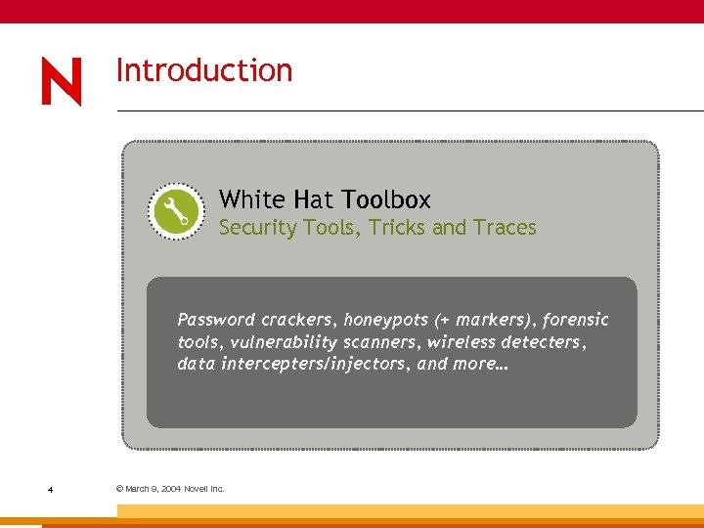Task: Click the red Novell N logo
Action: pos(62,81)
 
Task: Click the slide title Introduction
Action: pos(204,70)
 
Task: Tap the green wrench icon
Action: pos(176,210)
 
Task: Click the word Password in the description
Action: pos(215,320)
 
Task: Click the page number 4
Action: pos(49,489)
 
